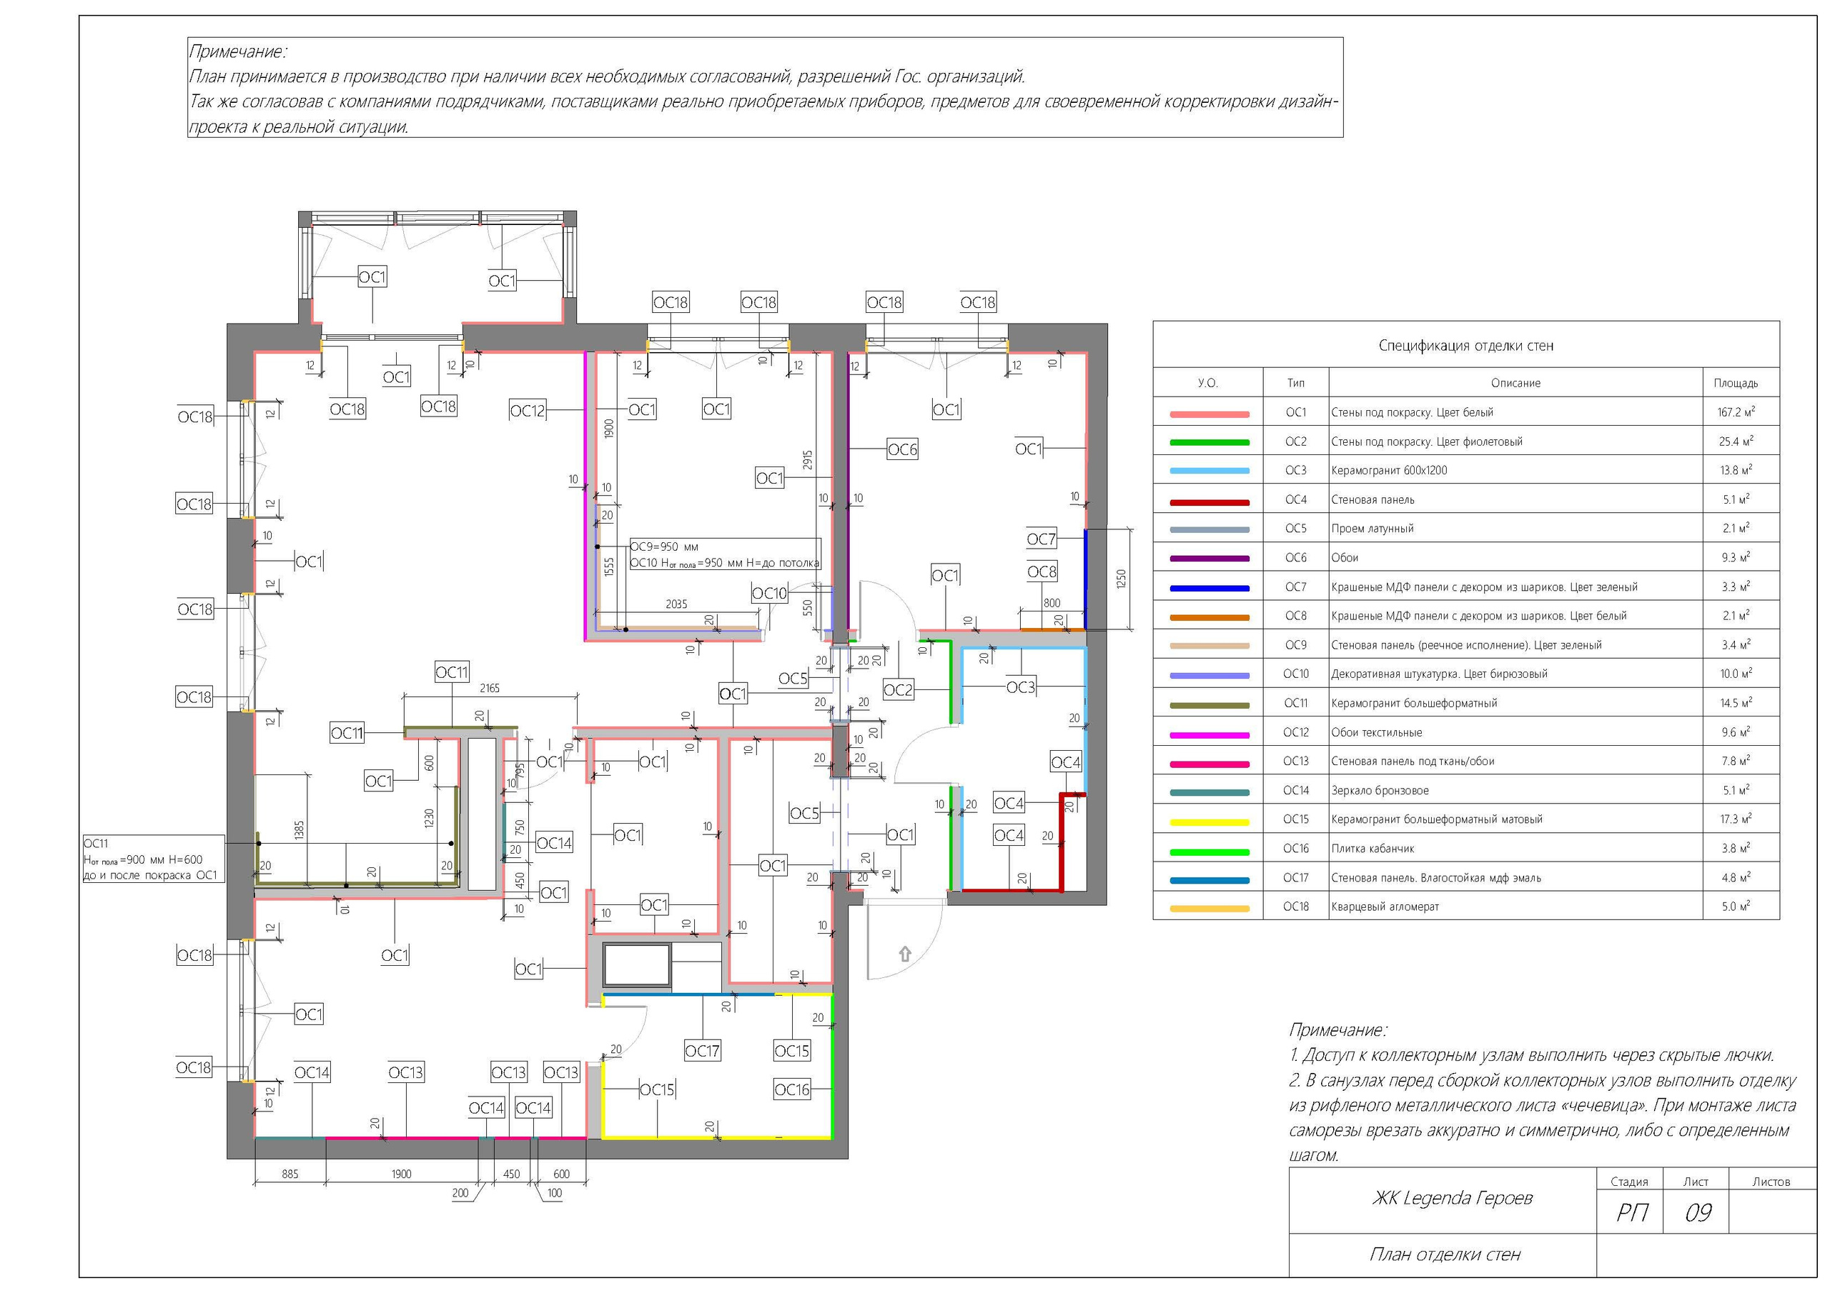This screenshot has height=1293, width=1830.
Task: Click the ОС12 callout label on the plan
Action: (x=527, y=410)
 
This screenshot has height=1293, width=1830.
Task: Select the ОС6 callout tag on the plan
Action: (x=902, y=450)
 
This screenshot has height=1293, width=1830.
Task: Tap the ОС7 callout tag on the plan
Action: (x=1041, y=539)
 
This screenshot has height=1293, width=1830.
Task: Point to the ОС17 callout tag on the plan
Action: (x=702, y=1052)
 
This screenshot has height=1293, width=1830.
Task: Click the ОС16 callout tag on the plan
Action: (x=792, y=1090)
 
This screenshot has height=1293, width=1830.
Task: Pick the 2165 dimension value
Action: (x=490, y=689)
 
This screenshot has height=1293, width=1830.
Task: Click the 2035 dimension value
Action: (x=676, y=604)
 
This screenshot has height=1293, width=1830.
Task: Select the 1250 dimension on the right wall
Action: (x=1122, y=579)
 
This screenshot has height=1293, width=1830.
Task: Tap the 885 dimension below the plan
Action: (x=290, y=1174)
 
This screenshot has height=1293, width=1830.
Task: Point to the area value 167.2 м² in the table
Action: (x=1736, y=413)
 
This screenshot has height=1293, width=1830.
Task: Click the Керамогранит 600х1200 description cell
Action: (x=1389, y=471)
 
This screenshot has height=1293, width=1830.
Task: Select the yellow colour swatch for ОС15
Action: (x=1209, y=822)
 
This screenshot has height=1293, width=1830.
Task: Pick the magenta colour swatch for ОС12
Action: (x=1209, y=734)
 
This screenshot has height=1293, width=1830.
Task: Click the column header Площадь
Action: (x=1736, y=383)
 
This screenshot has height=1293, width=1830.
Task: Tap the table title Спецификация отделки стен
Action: (x=1465, y=346)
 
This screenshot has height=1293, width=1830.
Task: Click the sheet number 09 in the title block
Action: (x=1698, y=1212)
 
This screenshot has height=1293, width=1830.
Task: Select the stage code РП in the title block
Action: (x=1632, y=1212)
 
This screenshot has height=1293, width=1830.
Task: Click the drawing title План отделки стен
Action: (x=1445, y=1254)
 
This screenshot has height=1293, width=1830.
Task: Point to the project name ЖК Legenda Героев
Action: (x=1452, y=1198)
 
